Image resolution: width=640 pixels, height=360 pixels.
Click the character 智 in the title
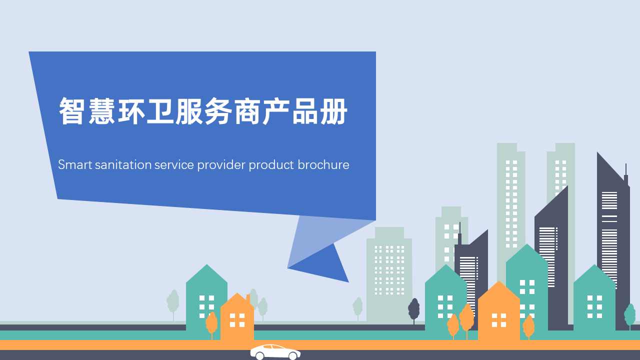tap(71, 111)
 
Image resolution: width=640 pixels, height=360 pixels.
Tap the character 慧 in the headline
tap(101, 111)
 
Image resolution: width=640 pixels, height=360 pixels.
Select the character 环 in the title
tap(131, 111)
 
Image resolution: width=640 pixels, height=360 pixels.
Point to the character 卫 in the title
tap(160, 111)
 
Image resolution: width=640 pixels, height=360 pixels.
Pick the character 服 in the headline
tap(189, 111)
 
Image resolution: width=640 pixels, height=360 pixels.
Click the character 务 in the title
tap(218, 111)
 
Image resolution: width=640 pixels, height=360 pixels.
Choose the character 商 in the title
tap(247, 111)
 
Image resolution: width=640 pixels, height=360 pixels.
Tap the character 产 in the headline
tap(276, 111)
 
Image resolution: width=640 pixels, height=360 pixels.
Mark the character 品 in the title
tap(305, 111)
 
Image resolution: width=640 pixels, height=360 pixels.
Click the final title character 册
tap(333, 111)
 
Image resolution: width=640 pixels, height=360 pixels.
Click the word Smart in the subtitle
tap(75, 164)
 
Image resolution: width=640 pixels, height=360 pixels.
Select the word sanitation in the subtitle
tap(123, 164)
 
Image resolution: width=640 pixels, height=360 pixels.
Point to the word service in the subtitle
tap(174, 164)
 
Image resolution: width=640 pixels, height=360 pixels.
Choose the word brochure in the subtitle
tap(323, 164)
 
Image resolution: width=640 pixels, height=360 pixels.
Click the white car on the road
tap(275, 352)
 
